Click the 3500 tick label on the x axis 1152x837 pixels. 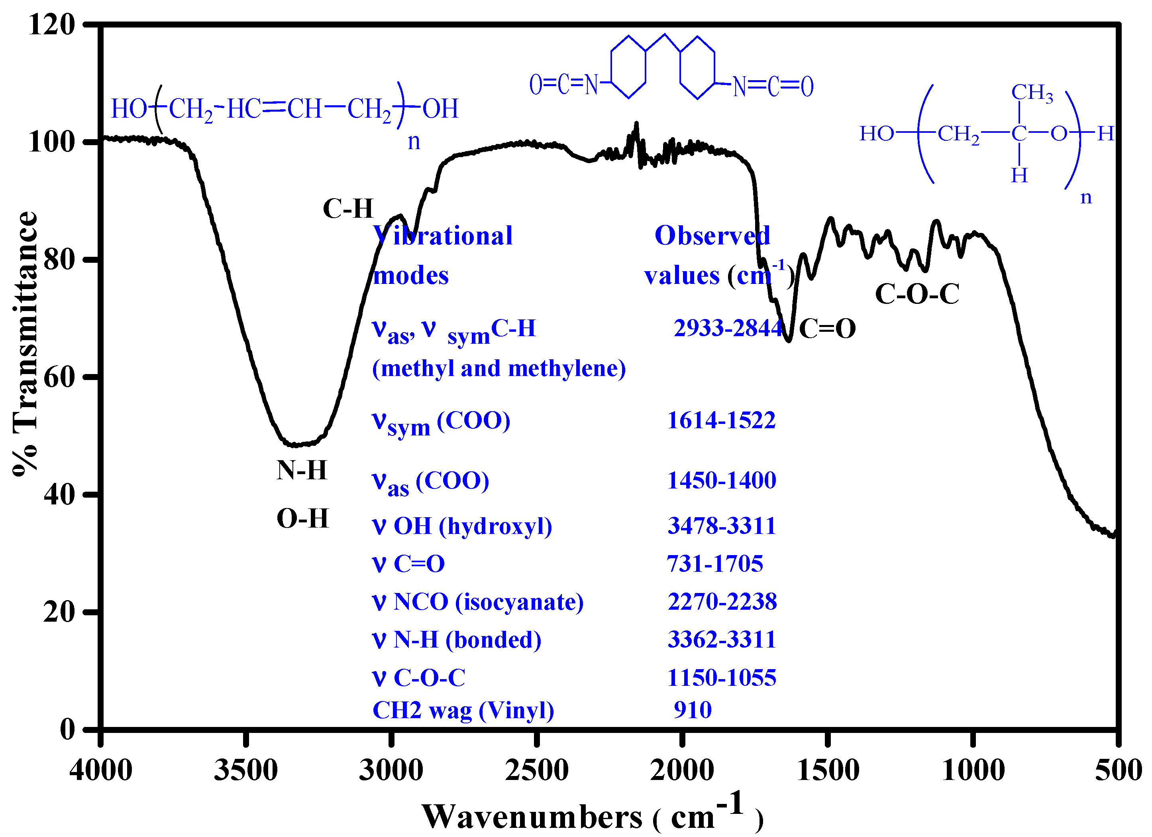coord(246,770)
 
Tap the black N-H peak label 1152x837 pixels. coord(302,470)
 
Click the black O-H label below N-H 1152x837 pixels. coord(303,519)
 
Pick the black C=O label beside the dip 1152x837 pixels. coord(827,328)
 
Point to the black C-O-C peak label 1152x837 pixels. coord(917,294)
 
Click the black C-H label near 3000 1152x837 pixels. coord(348,209)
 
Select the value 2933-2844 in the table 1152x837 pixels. coord(727,328)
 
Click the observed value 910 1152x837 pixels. coord(692,710)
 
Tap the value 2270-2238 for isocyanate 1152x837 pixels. coord(722,602)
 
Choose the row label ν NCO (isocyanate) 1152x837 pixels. coord(477,602)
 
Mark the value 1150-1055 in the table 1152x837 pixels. coord(721,678)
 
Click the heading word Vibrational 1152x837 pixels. coord(442,236)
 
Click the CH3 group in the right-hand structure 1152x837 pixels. coord(1032,93)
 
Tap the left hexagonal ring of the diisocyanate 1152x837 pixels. coord(628,67)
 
